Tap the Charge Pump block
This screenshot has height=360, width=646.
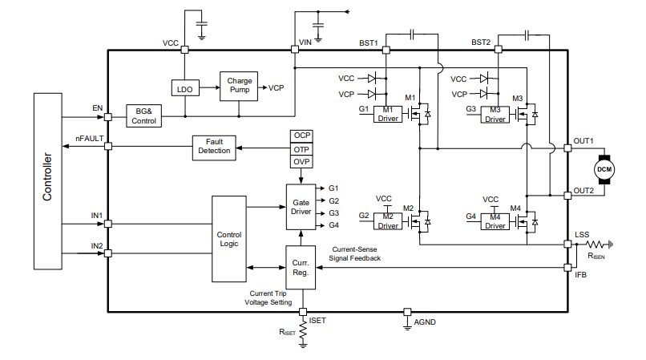tap(240, 86)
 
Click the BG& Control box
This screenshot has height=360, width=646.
tap(144, 115)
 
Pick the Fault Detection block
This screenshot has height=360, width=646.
tap(215, 147)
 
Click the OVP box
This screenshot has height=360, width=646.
tap(302, 162)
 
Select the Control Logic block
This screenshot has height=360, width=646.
tap(229, 239)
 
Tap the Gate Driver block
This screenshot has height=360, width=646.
tap(301, 206)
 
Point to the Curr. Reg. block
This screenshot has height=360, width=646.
tap(301, 267)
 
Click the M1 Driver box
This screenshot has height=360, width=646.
tap(388, 115)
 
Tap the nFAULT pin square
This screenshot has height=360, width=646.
tap(108, 146)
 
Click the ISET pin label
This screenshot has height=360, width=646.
tap(317, 320)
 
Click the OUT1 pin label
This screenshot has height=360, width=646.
tap(583, 141)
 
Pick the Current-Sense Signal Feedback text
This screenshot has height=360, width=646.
tap(357, 253)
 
